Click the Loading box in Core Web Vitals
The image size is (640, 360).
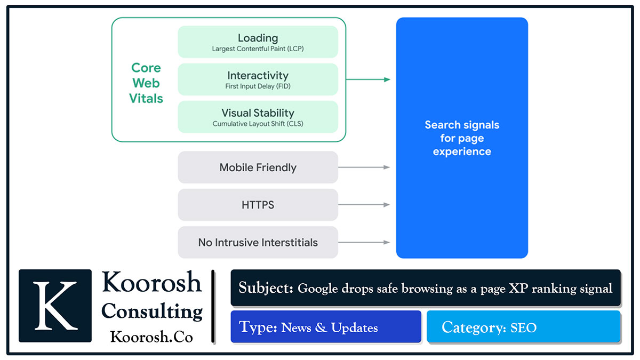(x=258, y=42)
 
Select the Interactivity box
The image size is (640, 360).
(x=258, y=79)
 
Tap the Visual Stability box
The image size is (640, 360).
(x=258, y=117)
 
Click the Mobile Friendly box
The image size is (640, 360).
(x=258, y=167)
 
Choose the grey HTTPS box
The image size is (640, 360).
(x=258, y=205)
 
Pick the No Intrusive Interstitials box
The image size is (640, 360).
(x=258, y=242)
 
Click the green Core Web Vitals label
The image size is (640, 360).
(x=147, y=83)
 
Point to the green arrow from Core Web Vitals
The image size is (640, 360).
(x=368, y=79)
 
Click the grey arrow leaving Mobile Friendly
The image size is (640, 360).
(x=364, y=167)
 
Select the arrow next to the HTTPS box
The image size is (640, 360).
(x=364, y=205)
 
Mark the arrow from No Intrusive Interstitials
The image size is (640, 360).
(x=364, y=242)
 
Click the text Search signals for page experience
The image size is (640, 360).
(x=462, y=138)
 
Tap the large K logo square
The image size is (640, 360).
(x=55, y=306)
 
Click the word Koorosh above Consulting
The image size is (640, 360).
(x=152, y=282)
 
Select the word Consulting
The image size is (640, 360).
(x=152, y=311)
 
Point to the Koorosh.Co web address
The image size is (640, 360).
(x=151, y=337)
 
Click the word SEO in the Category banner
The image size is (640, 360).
(x=523, y=327)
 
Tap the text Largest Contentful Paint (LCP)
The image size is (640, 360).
(x=258, y=49)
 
